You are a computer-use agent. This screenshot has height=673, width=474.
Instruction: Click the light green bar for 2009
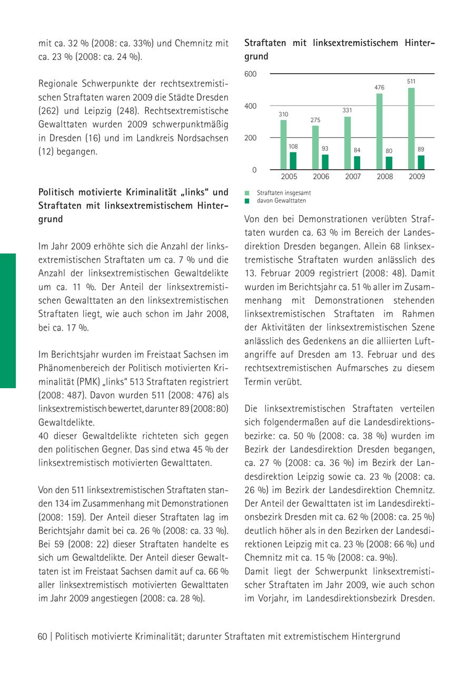click(411, 129)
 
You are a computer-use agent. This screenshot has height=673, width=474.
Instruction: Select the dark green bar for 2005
click(293, 161)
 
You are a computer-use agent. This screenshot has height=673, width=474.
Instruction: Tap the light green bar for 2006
click(315, 148)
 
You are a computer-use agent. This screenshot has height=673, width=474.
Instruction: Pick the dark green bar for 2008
click(389, 163)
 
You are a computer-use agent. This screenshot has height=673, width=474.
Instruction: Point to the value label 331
click(347, 110)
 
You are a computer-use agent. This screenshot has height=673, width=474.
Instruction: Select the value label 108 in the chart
click(293, 146)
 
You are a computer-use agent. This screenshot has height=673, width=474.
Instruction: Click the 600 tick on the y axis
click(251, 74)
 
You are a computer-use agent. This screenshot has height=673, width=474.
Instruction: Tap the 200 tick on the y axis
click(251, 138)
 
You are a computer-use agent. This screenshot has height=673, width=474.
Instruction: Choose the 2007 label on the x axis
click(353, 177)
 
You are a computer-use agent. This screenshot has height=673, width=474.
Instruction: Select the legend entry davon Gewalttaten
click(281, 200)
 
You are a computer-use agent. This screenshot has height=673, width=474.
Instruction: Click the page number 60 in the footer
click(42, 637)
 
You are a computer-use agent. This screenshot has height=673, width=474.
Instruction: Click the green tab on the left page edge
click(8, 321)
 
